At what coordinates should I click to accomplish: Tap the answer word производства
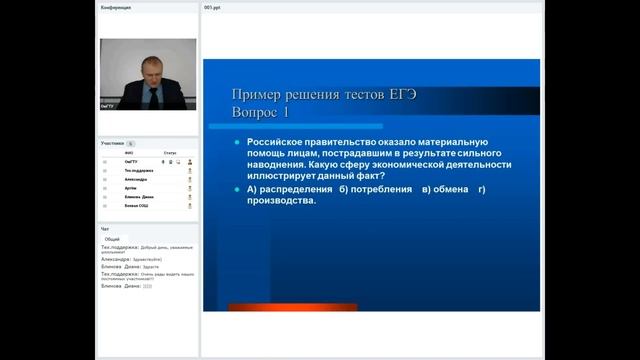point(281,201)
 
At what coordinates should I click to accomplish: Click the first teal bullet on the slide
point(237,142)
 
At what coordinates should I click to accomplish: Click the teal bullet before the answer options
point(237,189)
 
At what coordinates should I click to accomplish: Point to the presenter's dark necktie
point(150,95)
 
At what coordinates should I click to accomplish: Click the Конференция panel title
point(116,7)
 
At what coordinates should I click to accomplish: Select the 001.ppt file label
point(213,7)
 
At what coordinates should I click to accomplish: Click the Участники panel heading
point(112,143)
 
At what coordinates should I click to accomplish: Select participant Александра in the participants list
point(135,179)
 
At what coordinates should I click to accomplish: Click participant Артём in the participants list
point(130,188)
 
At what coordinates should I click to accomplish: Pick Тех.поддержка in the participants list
point(138,170)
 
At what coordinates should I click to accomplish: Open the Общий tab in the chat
point(112,239)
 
